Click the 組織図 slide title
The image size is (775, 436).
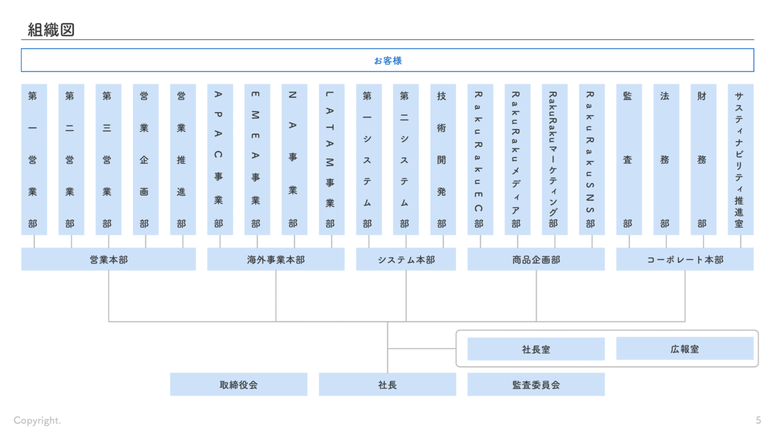(x=51, y=30)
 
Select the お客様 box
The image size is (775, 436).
(x=387, y=61)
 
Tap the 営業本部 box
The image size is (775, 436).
(x=108, y=259)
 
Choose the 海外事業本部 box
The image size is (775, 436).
(x=275, y=259)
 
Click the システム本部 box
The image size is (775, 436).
(x=406, y=259)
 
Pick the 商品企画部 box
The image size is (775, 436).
(x=536, y=259)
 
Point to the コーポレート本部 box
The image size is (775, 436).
(x=685, y=259)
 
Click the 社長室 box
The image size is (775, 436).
(x=536, y=349)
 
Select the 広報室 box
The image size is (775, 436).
(x=685, y=349)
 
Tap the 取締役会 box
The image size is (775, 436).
(x=239, y=385)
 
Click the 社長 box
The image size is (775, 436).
(x=387, y=385)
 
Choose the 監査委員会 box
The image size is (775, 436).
(x=536, y=385)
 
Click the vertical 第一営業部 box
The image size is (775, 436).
(x=34, y=159)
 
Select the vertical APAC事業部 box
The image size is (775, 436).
(x=220, y=159)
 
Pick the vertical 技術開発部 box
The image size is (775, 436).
(x=443, y=159)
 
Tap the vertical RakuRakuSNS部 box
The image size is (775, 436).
(x=592, y=159)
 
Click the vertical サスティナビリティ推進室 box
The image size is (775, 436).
(x=740, y=159)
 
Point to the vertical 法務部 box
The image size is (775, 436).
(x=666, y=159)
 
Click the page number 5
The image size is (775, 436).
(x=758, y=420)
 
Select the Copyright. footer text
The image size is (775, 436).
(x=38, y=420)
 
